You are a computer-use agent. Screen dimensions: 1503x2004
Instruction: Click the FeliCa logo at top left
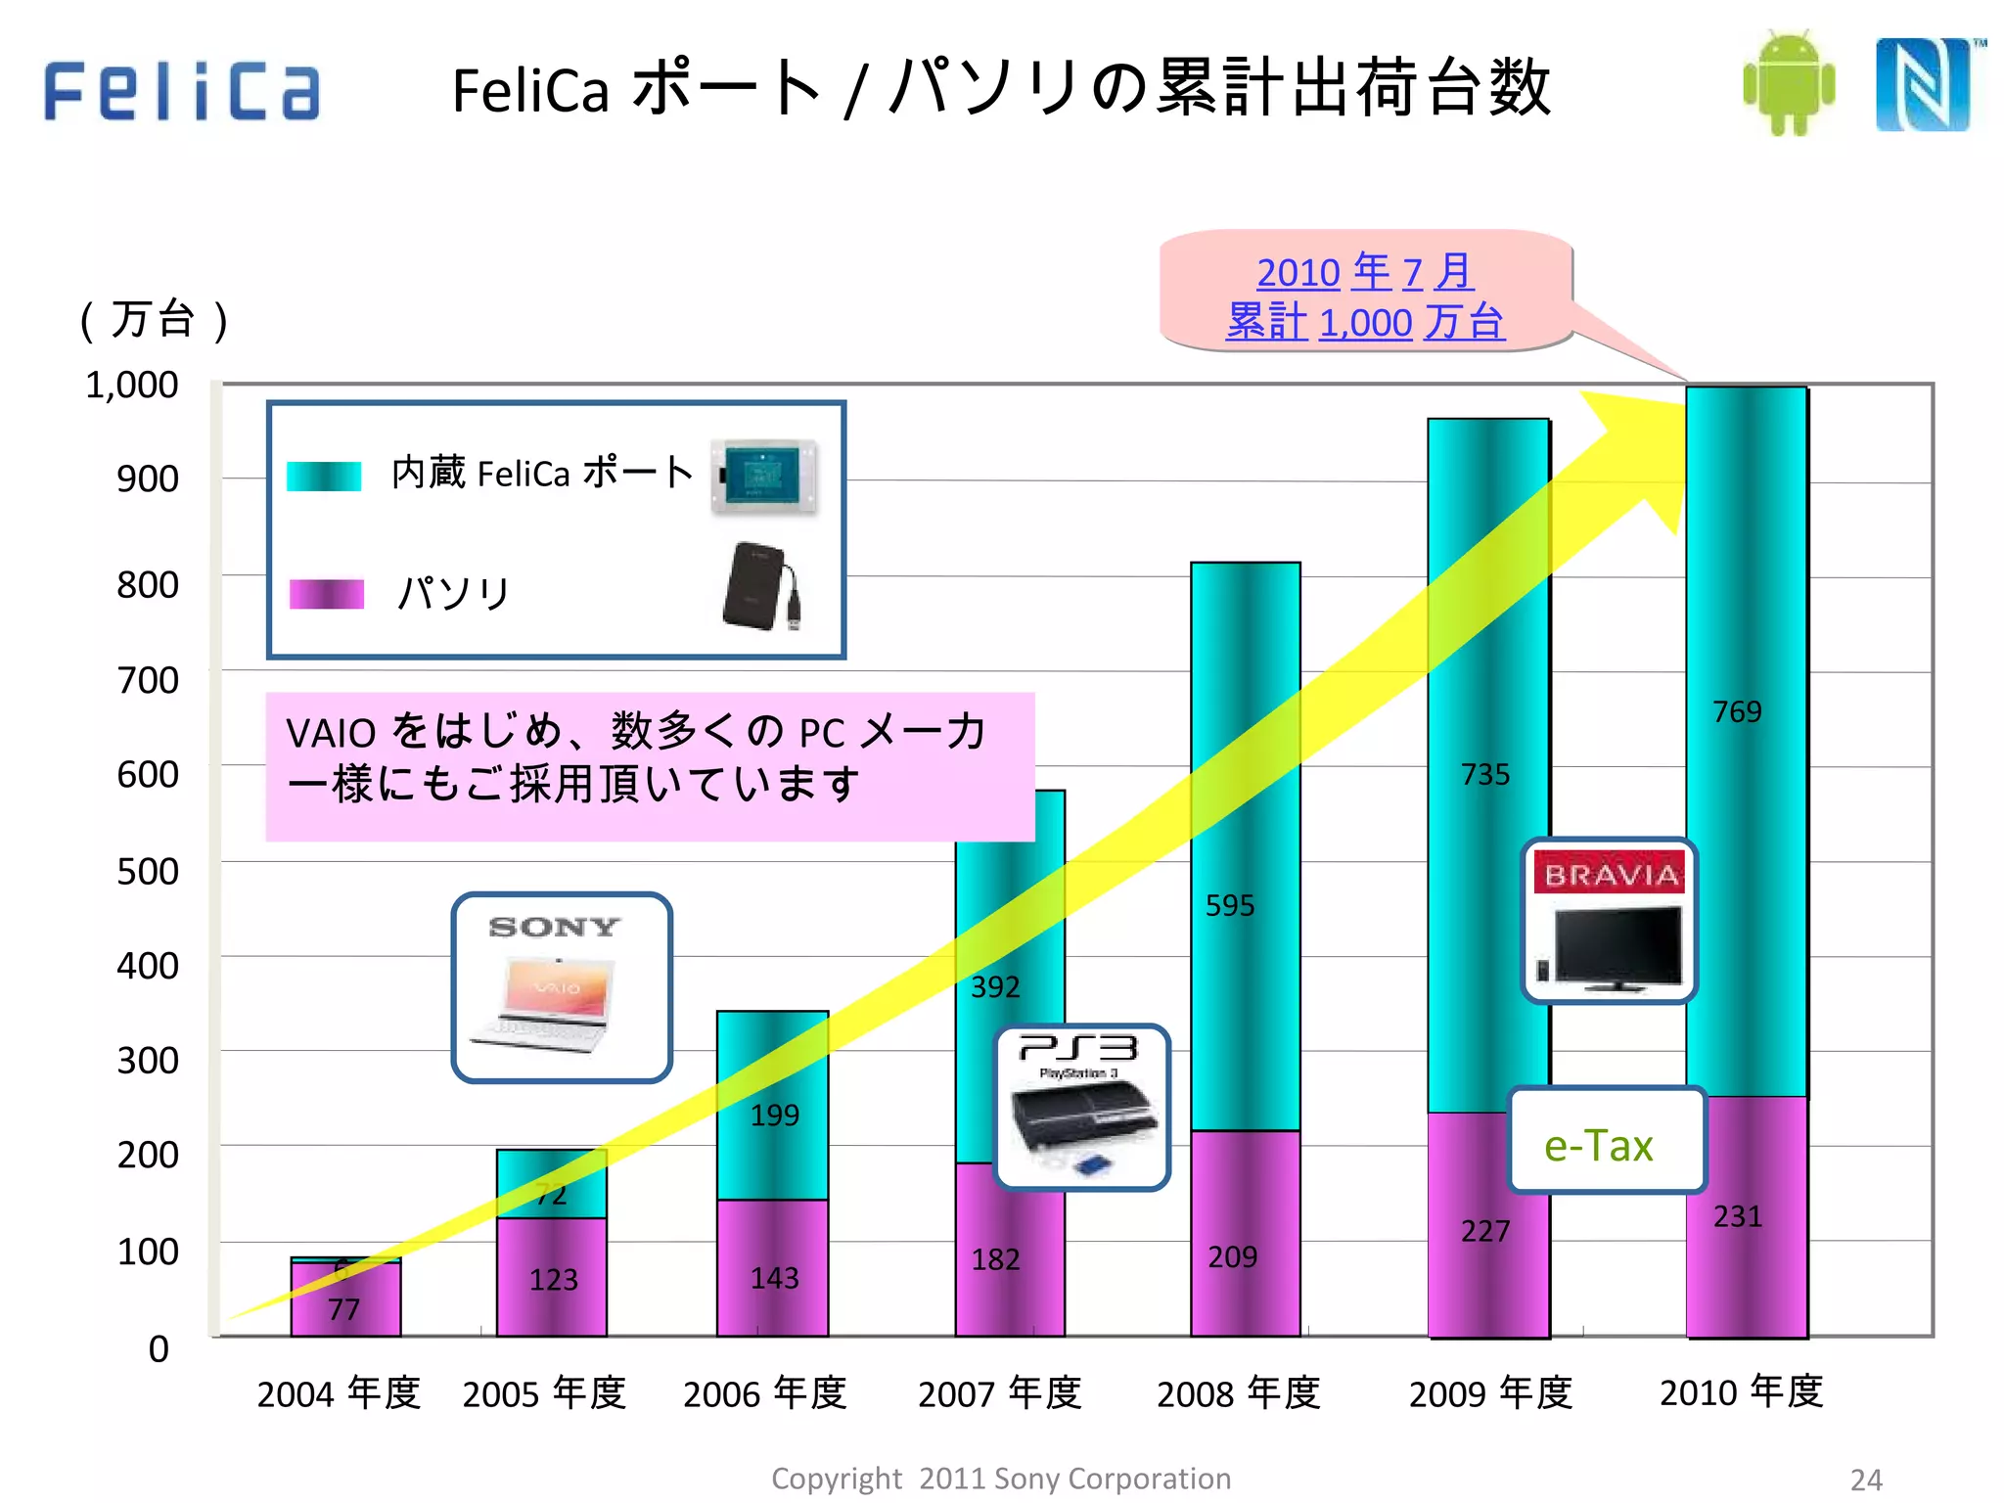coord(182,90)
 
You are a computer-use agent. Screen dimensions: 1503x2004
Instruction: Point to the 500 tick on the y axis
coord(148,871)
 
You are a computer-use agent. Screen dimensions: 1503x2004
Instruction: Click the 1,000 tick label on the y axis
coord(132,385)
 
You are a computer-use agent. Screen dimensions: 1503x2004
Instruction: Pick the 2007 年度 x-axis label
coord(999,1392)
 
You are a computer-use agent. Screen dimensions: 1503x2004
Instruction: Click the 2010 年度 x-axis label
coord(1741,1390)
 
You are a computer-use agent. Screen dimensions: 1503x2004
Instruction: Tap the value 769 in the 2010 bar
coord(1737,711)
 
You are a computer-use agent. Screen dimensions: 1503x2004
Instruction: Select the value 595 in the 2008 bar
coord(1229,905)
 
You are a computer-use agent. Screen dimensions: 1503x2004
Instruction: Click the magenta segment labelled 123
coord(553,1278)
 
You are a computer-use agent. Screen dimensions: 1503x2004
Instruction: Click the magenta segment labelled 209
coord(1232,1255)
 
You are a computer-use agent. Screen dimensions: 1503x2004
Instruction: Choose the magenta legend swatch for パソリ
coord(327,594)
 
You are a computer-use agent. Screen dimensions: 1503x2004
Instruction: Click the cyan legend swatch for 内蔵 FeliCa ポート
coord(324,476)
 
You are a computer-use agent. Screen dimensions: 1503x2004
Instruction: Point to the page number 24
coord(1866,1479)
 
